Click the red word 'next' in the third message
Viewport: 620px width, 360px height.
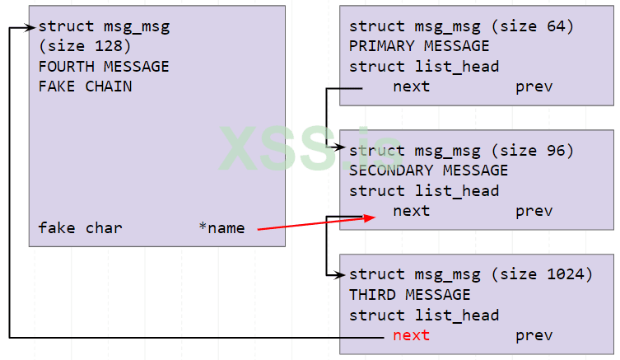tap(411, 335)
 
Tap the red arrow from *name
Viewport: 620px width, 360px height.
tap(313, 222)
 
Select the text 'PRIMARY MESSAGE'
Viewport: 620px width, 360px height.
tap(418, 46)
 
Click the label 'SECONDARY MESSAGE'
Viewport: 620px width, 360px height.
tap(428, 171)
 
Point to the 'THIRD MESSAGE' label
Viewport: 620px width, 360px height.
tap(409, 295)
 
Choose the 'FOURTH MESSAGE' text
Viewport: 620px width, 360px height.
tap(103, 66)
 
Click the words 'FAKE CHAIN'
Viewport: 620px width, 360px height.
tap(85, 86)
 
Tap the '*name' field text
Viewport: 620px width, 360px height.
tap(221, 227)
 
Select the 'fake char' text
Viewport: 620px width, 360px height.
tap(80, 227)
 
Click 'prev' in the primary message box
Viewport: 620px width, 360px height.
tap(534, 86)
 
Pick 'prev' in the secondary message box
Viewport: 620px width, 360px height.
tap(534, 211)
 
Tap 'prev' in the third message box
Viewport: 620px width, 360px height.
tap(534, 335)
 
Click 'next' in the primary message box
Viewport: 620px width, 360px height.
tap(411, 86)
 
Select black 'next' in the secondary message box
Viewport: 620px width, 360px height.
tap(411, 211)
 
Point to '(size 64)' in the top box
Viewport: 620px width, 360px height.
tap(534, 26)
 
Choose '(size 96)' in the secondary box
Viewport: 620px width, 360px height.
tap(534, 151)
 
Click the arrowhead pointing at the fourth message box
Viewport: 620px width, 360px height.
tap(30, 27)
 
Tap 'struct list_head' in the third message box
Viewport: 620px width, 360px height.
tap(423, 315)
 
